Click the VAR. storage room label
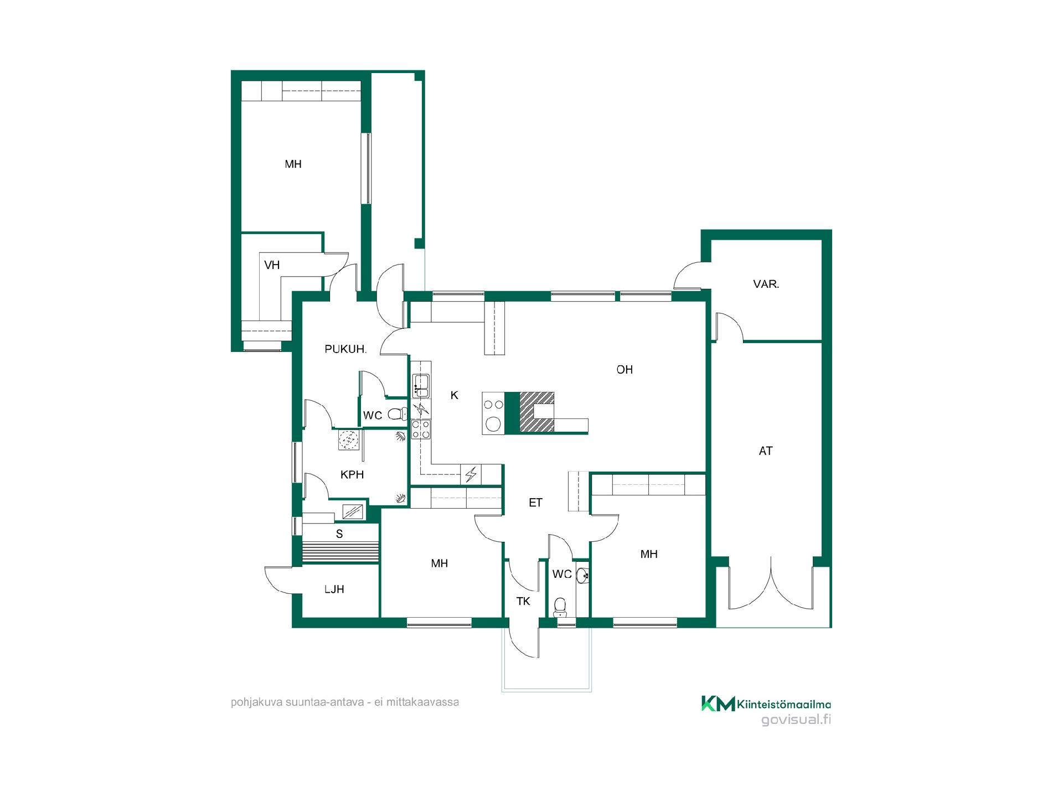(766, 284)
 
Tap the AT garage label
(766, 451)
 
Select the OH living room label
(625, 370)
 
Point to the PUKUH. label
(345, 349)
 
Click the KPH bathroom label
(352, 475)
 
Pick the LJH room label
(334, 589)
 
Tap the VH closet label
(272, 265)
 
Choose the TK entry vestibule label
(523, 601)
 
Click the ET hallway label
(535, 503)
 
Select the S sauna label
(339, 534)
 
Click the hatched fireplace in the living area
(536, 412)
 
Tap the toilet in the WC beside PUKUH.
(396, 413)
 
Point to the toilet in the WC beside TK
(560, 607)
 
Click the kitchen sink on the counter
(421, 386)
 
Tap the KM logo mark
(718, 703)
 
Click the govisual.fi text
(796, 720)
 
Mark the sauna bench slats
(340, 552)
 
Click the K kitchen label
(455, 395)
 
